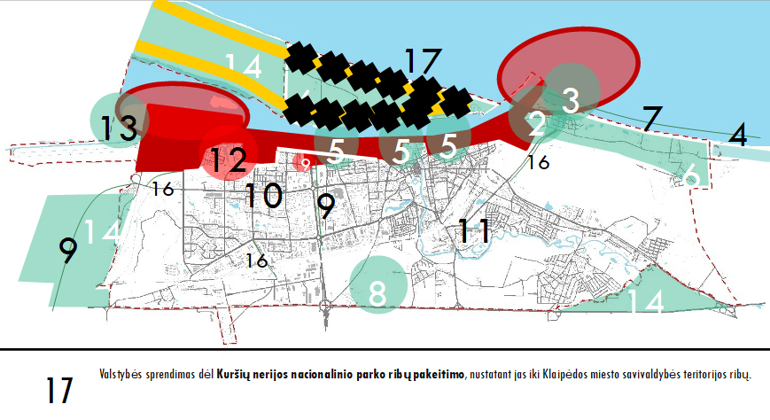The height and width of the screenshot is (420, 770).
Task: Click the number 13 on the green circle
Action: tap(119, 128)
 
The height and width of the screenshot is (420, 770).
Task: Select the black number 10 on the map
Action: tap(264, 195)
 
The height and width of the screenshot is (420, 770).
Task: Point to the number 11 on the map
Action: tap(474, 230)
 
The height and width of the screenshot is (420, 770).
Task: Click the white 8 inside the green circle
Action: tap(377, 293)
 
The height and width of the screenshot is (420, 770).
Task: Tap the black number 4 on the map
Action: tap(738, 135)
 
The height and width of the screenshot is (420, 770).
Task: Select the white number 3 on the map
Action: tap(571, 100)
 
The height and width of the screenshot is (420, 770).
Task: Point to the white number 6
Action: tap(691, 175)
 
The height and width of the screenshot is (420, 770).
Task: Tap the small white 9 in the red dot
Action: tap(306, 164)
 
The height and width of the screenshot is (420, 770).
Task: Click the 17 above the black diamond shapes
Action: tap(424, 62)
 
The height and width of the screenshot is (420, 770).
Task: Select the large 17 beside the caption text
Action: tap(59, 390)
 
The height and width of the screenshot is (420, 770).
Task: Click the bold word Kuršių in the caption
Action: tap(233, 375)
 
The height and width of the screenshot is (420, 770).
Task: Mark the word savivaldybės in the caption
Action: tap(651, 375)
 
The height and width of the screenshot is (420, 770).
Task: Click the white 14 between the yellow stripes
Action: tap(243, 66)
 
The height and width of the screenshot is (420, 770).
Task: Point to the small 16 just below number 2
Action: tap(538, 162)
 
